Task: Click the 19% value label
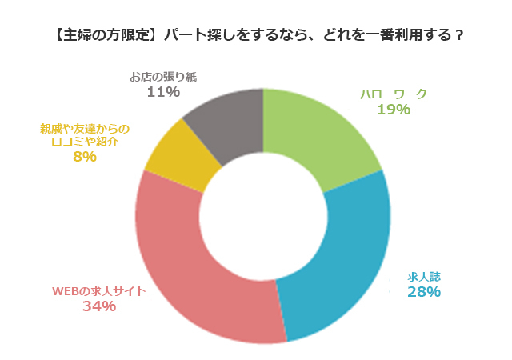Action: point(394,109)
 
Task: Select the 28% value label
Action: point(424,291)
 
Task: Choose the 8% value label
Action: point(84,157)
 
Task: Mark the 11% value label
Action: point(163,92)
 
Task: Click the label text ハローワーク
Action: point(394,94)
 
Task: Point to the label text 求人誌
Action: point(424,276)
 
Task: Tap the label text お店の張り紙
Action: point(163,77)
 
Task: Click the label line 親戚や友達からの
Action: point(84,128)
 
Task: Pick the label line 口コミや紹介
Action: point(84,142)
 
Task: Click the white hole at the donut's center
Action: point(262,215)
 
